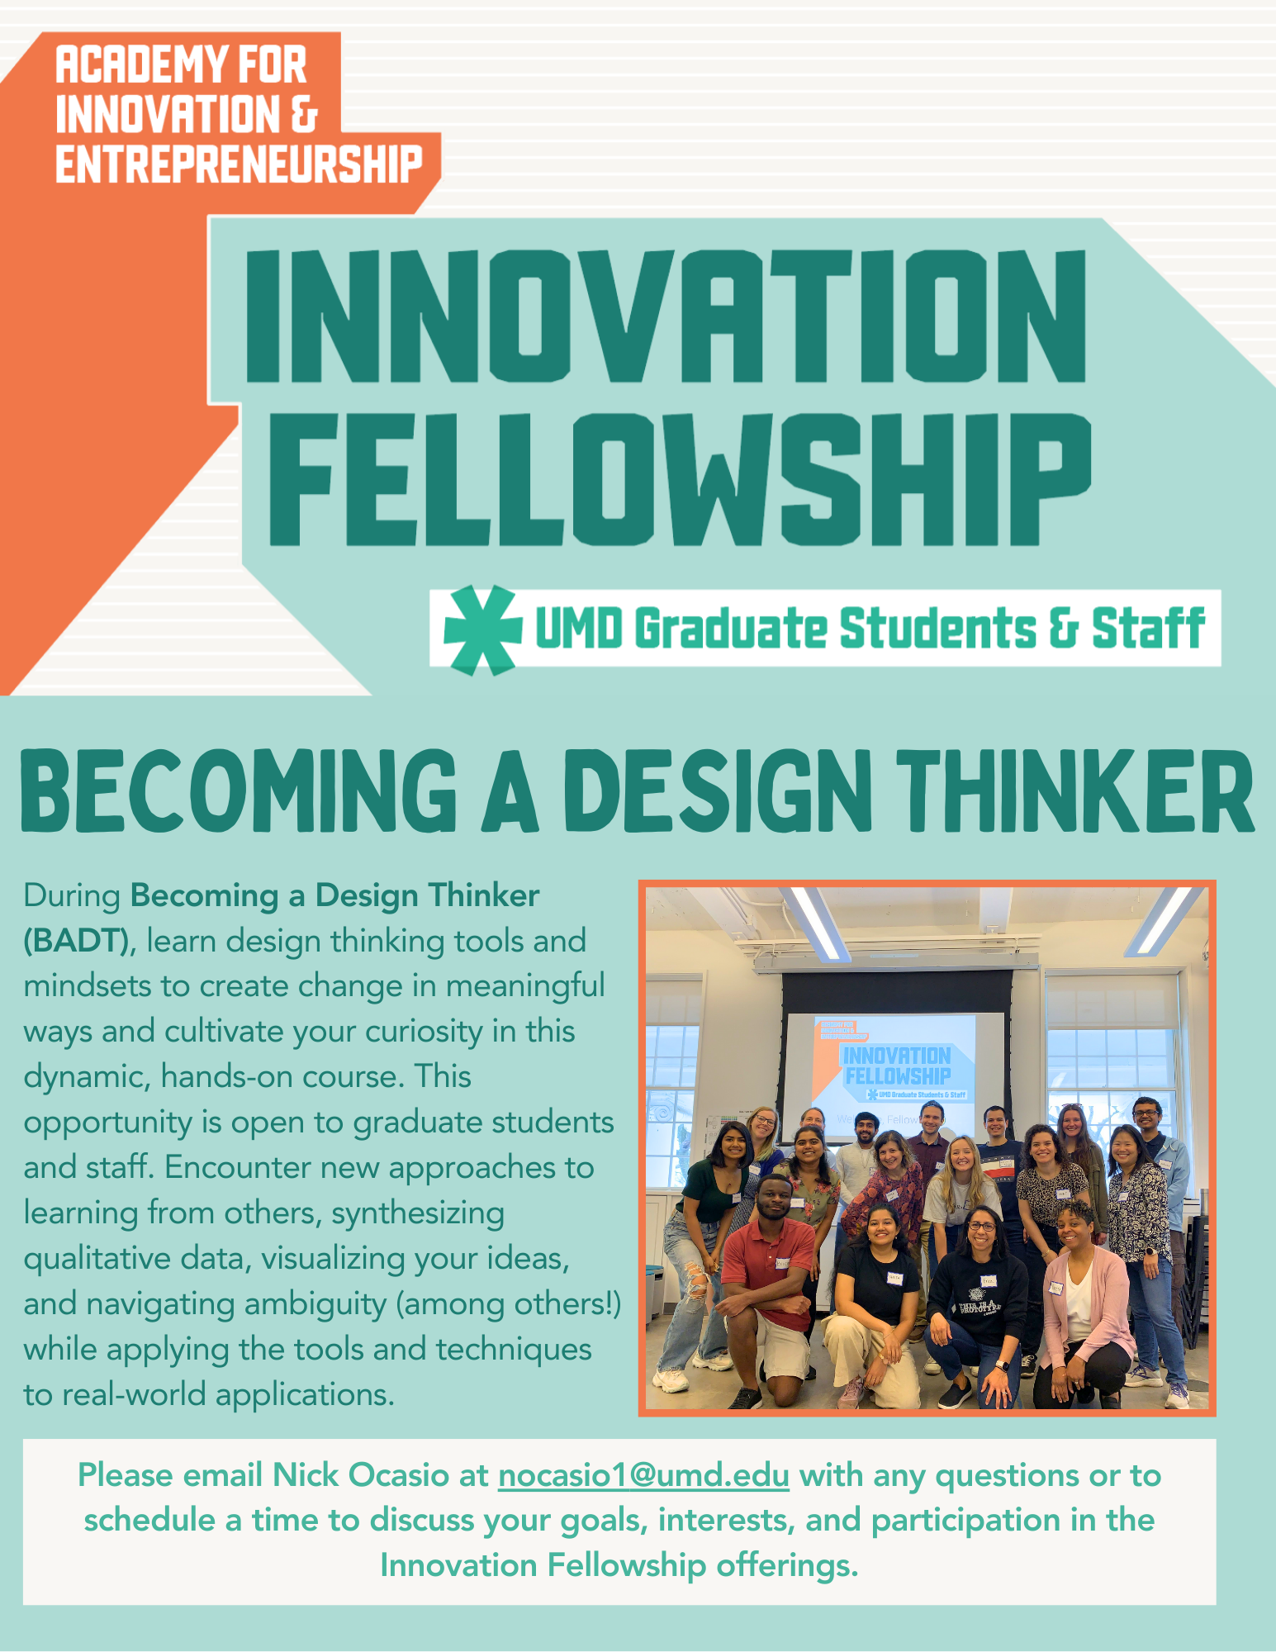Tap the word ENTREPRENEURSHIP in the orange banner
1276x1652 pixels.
pos(239,164)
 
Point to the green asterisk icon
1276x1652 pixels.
pos(482,629)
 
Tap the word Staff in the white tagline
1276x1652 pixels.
pos(1148,629)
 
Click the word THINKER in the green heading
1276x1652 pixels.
pos(1076,790)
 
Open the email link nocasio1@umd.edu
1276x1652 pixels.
pos(643,1475)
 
